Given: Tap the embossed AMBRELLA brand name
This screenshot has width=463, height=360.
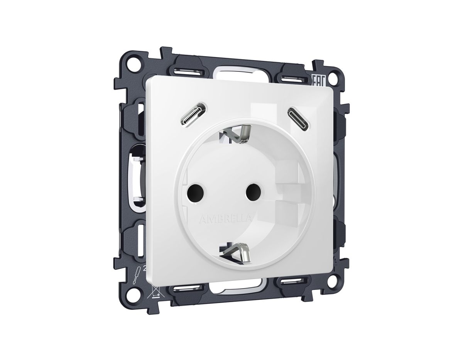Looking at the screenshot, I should coord(226,219).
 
